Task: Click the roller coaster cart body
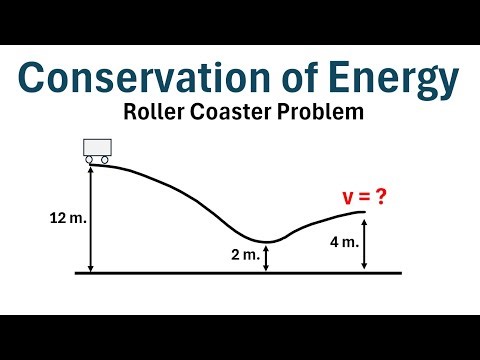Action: pos(96,147)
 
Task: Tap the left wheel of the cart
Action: pos(88,159)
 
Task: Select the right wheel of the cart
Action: pos(104,159)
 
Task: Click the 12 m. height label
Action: pos(67,218)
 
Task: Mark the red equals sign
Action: pos(361,197)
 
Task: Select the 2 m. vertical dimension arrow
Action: pos(266,257)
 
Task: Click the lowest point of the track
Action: pos(266,241)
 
